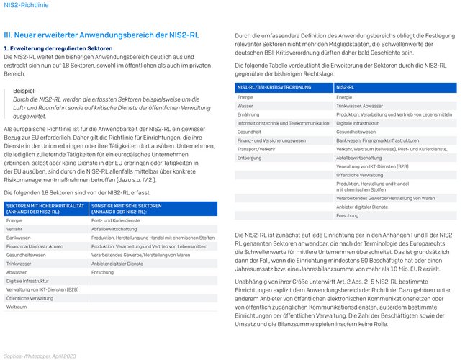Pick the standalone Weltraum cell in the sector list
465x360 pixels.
(17, 307)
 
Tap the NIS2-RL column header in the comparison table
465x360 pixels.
(346, 87)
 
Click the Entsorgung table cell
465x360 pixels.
(250, 157)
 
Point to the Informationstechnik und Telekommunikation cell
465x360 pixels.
(283, 122)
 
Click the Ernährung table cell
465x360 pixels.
(248, 114)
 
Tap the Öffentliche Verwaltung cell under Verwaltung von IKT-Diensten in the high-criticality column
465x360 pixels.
(30, 297)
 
